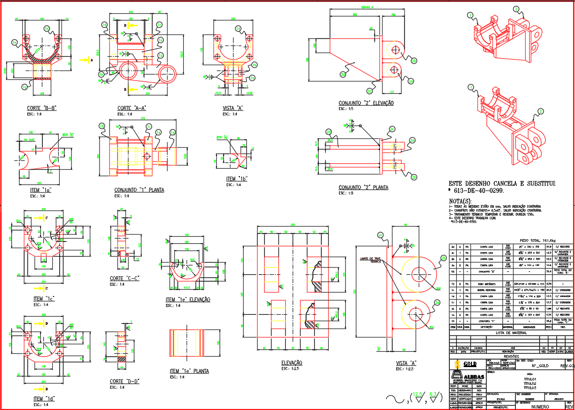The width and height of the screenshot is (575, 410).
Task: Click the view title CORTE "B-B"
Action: (41, 108)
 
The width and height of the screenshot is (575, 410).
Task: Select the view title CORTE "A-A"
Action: (132, 108)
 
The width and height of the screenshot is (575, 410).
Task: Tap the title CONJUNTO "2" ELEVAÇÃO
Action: (366, 103)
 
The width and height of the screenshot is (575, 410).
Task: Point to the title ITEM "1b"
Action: (237, 179)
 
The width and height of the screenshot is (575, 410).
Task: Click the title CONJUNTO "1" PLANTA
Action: (139, 190)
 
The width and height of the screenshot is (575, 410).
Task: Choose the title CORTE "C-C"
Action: (124, 278)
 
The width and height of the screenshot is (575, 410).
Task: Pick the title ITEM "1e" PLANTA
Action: (189, 371)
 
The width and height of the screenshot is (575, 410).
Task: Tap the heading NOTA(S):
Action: (460, 201)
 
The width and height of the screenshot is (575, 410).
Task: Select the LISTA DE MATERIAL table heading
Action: (512, 333)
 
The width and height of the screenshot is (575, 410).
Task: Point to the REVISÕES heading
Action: (511, 356)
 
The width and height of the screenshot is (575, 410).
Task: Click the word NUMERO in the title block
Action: (543, 407)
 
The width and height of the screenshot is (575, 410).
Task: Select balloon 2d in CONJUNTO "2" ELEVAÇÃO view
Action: (342, 74)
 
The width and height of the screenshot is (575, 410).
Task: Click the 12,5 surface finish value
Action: (417, 394)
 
